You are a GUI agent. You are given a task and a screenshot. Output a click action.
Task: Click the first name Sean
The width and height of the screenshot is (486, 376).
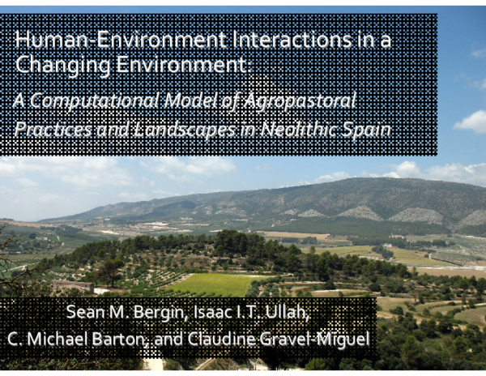81,314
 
